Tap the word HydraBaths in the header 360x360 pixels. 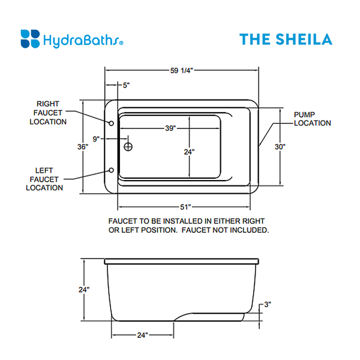click(83, 41)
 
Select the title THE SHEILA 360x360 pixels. click(285, 40)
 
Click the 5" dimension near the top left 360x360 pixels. click(126, 85)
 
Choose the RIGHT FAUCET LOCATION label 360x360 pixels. click(51, 113)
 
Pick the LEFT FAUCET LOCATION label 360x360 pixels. click(45, 179)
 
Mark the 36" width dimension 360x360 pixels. click(83, 146)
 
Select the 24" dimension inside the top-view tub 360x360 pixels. click(190, 152)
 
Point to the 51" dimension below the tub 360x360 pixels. click(185, 208)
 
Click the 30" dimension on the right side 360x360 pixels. click(280, 146)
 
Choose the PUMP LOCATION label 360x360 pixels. click(312, 119)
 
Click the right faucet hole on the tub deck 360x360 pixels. click(112, 123)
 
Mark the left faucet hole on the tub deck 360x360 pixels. click(112, 170)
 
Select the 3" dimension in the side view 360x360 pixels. click(268, 305)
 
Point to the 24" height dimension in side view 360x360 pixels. click(84, 290)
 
